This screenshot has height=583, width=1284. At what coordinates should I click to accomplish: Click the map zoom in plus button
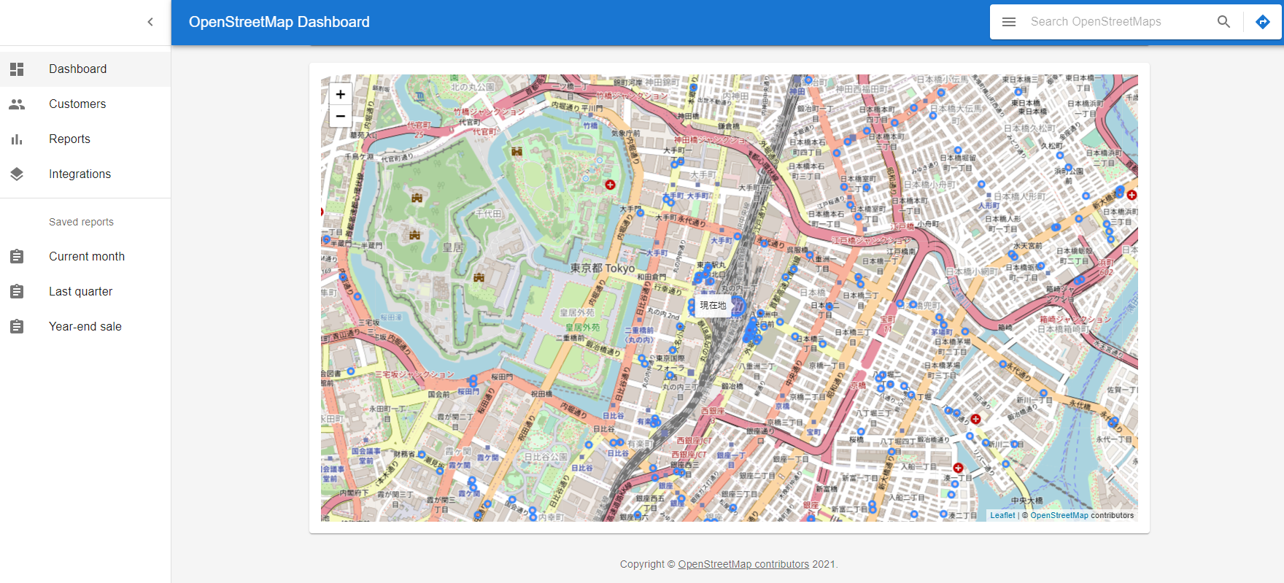tap(341, 94)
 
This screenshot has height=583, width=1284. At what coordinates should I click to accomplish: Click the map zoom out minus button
tap(341, 116)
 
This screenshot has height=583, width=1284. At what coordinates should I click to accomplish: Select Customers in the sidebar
tap(77, 104)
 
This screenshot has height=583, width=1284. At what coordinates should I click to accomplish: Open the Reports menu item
tap(69, 139)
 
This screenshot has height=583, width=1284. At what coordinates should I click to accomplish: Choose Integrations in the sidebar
tap(80, 174)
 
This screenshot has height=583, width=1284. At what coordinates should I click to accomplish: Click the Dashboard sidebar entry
tap(77, 69)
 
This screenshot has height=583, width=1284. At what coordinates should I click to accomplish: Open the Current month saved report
tap(86, 256)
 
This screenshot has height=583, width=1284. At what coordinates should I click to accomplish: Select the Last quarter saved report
tap(80, 291)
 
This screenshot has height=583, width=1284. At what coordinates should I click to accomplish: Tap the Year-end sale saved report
tap(85, 326)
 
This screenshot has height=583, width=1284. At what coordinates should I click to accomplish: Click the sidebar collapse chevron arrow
tap(150, 22)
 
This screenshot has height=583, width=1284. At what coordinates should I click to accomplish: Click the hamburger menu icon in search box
tap(1009, 22)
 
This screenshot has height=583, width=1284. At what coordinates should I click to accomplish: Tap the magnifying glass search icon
tap(1223, 22)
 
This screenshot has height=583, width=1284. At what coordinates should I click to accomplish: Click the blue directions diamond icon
tap(1263, 22)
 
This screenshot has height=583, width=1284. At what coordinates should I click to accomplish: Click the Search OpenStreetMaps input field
tap(1116, 22)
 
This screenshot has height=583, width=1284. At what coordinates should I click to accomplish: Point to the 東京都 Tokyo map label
tap(603, 268)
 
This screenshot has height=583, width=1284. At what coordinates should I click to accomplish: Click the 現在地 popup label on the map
tap(713, 305)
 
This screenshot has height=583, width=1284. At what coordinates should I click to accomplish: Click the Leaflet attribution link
tap(1002, 515)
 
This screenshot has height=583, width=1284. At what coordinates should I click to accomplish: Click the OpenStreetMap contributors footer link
tap(743, 564)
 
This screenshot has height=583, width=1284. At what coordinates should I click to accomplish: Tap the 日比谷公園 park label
tap(546, 457)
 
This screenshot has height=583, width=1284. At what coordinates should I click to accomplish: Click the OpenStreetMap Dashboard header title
tap(279, 22)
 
